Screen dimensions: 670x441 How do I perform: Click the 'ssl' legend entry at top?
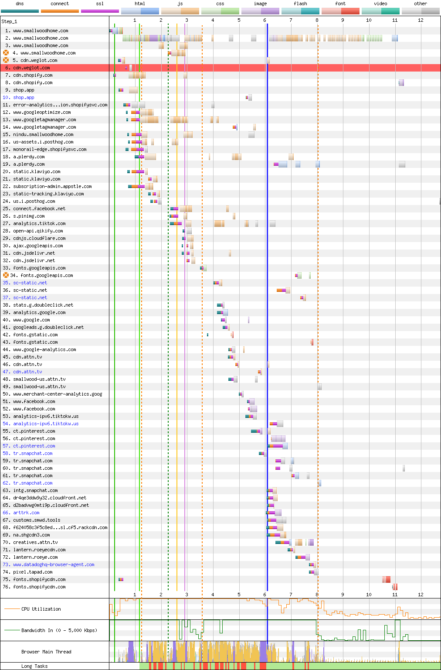coord(100,3)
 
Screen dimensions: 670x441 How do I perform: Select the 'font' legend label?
coord(340,3)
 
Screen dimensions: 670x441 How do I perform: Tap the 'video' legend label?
coord(380,3)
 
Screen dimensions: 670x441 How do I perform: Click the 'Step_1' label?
coord(9,21)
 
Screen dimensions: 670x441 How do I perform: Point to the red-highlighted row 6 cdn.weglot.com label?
coord(31,68)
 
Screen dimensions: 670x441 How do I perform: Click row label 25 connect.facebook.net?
coord(39,209)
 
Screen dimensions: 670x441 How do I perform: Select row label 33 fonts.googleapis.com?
coord(39,268)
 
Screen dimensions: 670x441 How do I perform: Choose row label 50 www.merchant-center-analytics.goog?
coord(58,394)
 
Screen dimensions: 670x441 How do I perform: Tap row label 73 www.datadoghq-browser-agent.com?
coord(54,565)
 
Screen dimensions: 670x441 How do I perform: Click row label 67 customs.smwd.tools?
coord(37,520)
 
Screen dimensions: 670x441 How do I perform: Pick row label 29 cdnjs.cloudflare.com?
coord(39,239)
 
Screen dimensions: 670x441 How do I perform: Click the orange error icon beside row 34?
coord(6,275)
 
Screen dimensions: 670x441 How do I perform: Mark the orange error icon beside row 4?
coord(6,53)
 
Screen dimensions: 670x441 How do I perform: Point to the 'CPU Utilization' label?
coord(41,609)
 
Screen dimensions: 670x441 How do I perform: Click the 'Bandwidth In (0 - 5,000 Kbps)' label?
coord(59,630)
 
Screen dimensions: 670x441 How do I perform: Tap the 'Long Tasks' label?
coord(34,666)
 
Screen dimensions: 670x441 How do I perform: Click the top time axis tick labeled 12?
coord(421,20)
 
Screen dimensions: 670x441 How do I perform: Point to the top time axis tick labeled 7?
coord(291,20)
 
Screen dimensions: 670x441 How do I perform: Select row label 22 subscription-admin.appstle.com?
coord(52,187)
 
